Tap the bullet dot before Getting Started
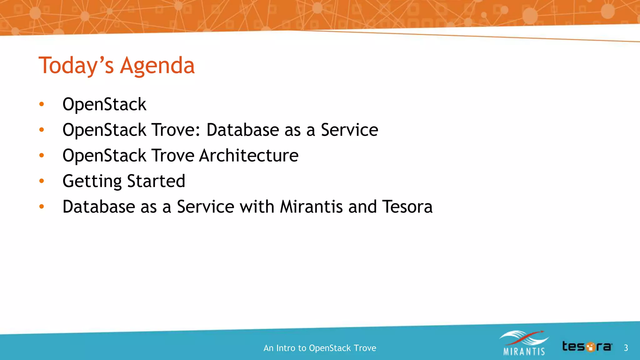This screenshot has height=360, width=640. point(42,181)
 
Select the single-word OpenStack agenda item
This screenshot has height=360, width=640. point(104,104)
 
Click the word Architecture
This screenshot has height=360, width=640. point(249,156)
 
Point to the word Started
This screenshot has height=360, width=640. point(156,181)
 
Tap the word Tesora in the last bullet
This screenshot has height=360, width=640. point(407,207)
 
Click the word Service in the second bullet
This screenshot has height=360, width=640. point(349,130)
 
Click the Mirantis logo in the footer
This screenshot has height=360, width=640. point(524,343)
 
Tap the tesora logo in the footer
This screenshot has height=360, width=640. point(587,347)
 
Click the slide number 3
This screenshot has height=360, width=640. point(626,348)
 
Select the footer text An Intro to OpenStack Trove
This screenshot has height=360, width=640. point(320,348)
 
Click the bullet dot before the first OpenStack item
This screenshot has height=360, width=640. point(42,104)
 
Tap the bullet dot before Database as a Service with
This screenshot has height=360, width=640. point(42,207)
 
